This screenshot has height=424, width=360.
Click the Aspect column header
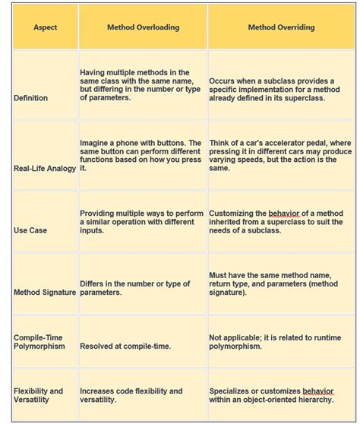point(45,27)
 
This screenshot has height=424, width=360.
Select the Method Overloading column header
point(143,27)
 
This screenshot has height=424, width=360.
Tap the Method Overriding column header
point(282,27)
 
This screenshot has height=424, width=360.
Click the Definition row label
point(30,98)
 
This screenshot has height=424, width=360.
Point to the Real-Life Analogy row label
point(45,168)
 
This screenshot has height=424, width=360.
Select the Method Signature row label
point(45,292)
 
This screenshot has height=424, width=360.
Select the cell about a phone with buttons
point(141,155)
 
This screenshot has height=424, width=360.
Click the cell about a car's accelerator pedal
point(280,155)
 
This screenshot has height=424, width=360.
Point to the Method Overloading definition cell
point(141,85)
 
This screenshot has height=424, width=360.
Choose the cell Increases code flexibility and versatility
point(131,395)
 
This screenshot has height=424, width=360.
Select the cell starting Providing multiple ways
point(141,221)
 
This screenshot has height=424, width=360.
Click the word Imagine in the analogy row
point(95,143)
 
